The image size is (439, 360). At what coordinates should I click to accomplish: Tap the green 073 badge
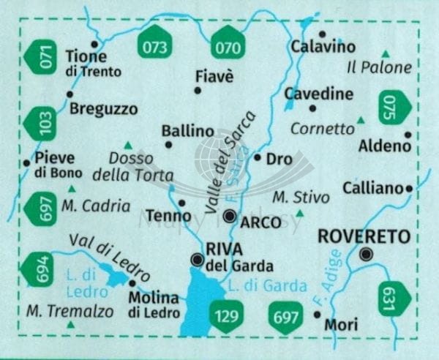click(154, 48)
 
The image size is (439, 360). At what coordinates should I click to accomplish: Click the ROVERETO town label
click(362, 236)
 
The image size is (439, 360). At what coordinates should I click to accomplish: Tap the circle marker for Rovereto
click(367, 255)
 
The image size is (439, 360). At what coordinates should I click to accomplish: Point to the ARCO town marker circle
click(230, 215)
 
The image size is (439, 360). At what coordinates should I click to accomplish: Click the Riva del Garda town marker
click(196, 259)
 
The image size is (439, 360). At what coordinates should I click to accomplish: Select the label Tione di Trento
click(93, 63)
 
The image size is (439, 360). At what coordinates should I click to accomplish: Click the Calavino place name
click(323, 47)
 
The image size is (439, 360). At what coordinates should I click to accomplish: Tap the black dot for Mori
click(317, 314)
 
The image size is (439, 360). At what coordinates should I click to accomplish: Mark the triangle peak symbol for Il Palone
click(385, 53)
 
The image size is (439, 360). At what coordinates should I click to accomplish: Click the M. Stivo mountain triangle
click(299, 213)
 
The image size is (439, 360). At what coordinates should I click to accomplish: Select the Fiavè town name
click(214, 75)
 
